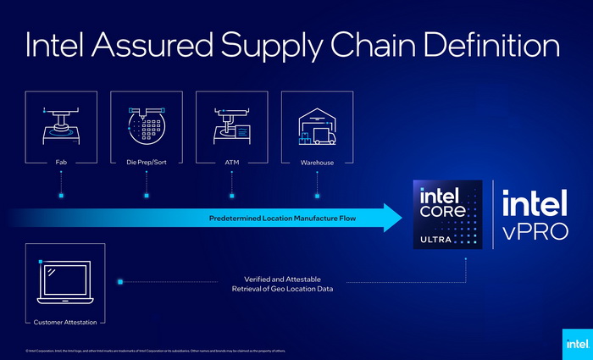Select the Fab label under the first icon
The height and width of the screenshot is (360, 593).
tap(62, 163)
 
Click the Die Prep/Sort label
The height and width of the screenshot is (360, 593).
tap(147, 163)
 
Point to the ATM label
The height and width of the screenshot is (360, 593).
tap(231, 163)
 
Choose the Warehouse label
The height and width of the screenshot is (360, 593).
tap(316, 163)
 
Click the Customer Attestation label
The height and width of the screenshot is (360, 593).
tap(65, 322)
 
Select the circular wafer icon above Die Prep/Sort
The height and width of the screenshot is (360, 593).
tap(147, 128)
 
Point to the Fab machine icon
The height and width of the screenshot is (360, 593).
tap(62, 125)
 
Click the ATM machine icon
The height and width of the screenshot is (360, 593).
tap(230, 125)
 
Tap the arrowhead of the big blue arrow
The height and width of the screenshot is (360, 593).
tap(392, 218)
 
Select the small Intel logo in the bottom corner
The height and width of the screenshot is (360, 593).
tap(574, 343)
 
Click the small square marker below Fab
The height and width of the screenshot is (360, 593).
tap(62, 196)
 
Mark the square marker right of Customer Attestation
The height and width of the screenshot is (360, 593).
tap(121, 281)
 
